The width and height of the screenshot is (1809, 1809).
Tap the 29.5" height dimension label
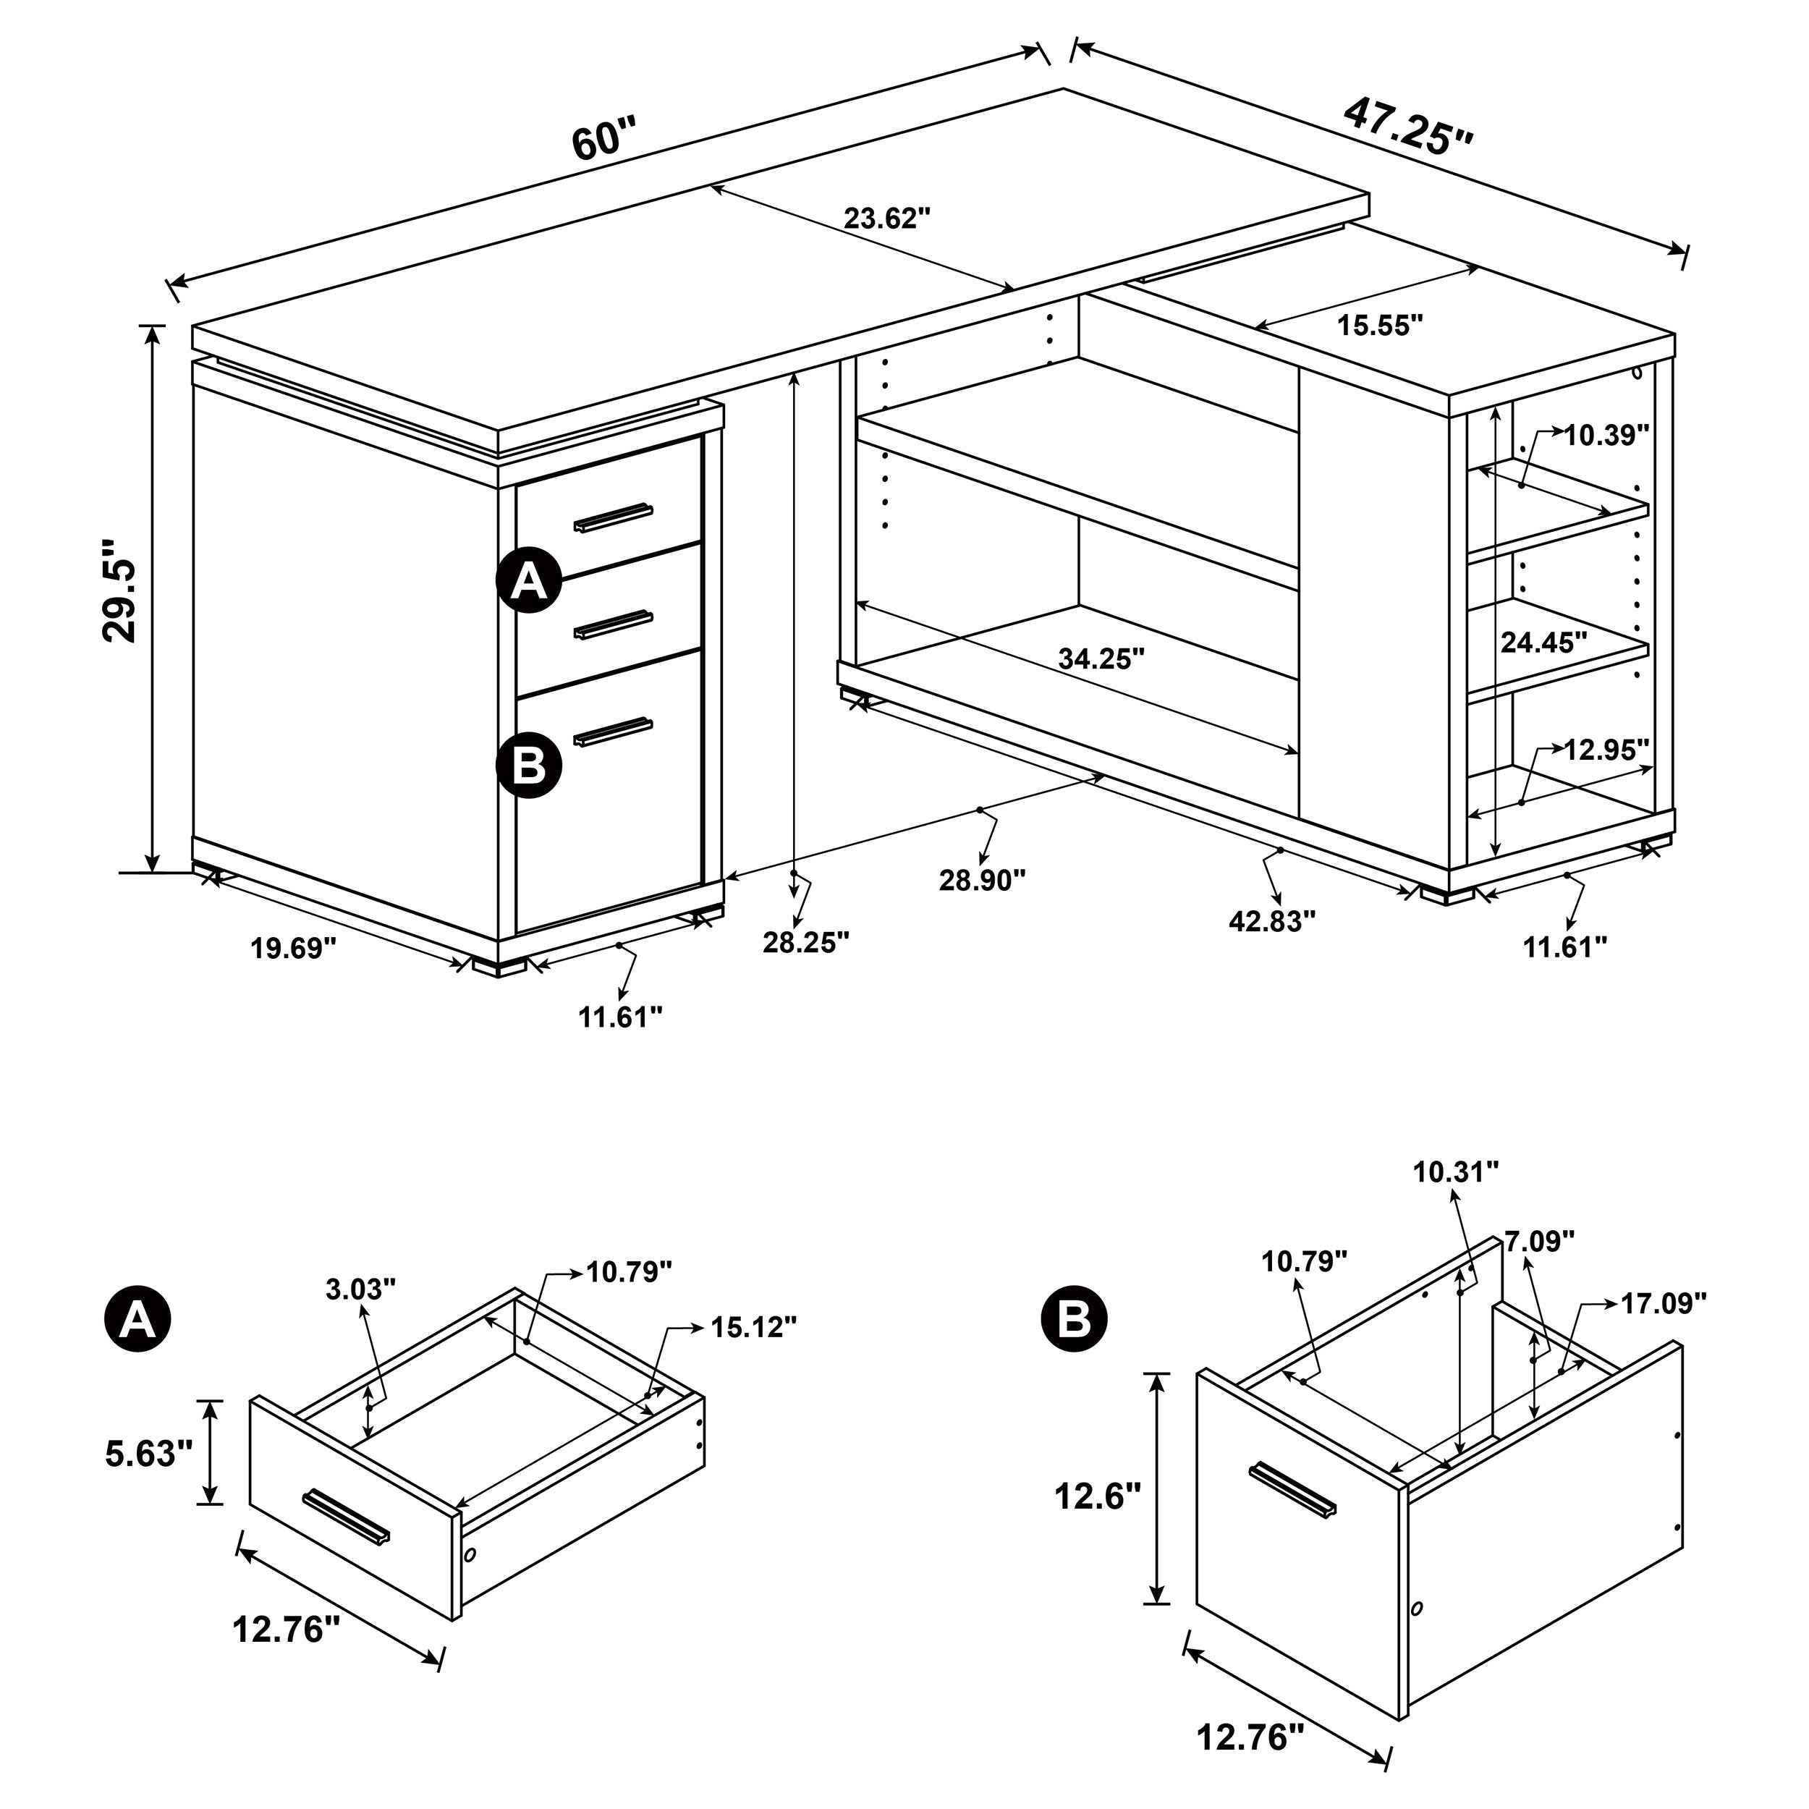click(x=121, y=589)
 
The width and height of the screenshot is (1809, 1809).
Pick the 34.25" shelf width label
click(x=1102, y=659)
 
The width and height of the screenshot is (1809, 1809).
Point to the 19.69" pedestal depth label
click(x=292, y=949)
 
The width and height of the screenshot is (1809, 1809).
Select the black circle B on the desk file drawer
click(x=529, y=765)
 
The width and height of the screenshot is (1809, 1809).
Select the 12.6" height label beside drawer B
click(x=1098, y=1496)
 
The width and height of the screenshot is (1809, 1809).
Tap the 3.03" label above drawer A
click(x=361, y=1289)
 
